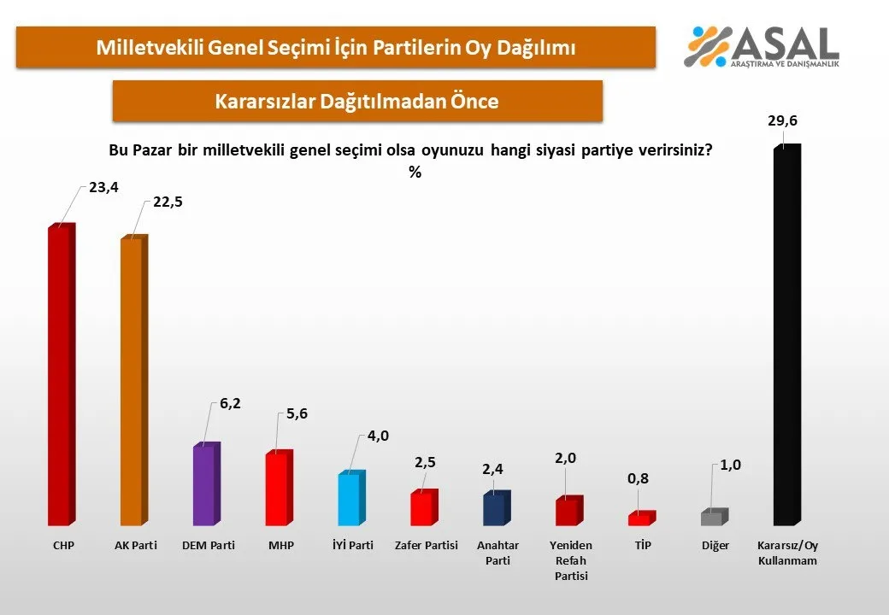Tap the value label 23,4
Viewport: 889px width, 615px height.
(103, 188)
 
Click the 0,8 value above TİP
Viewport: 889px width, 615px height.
(639, 480)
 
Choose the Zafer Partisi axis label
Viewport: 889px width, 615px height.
(425, 545)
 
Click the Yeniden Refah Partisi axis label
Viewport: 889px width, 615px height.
(572, 559)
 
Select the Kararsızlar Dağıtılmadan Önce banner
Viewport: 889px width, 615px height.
(357, 101)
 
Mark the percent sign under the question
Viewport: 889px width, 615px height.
(415, 172)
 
